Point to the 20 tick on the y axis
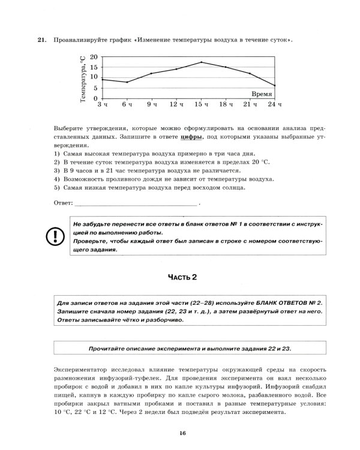point(94,56)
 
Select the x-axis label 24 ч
point(274,105)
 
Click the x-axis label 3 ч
point(103,105)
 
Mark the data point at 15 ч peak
point(201,62)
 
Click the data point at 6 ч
point(127,82)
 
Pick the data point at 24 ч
point(275,85)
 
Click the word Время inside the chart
point(262,94)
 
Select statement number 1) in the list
point(57,154)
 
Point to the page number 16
point(181,434)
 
